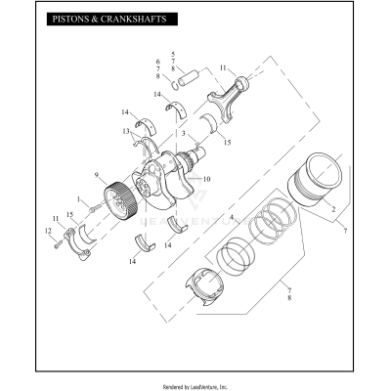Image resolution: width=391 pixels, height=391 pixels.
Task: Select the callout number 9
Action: point(97,176)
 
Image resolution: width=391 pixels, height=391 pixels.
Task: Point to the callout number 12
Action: point(47,231)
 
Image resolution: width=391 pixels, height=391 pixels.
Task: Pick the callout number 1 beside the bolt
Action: point(81,199)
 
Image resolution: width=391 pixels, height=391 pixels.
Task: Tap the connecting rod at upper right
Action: point(226,97)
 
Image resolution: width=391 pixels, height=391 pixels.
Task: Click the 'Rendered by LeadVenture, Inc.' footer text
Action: point(195,384)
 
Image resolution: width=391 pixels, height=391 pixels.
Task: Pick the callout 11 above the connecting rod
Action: point(223,67)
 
